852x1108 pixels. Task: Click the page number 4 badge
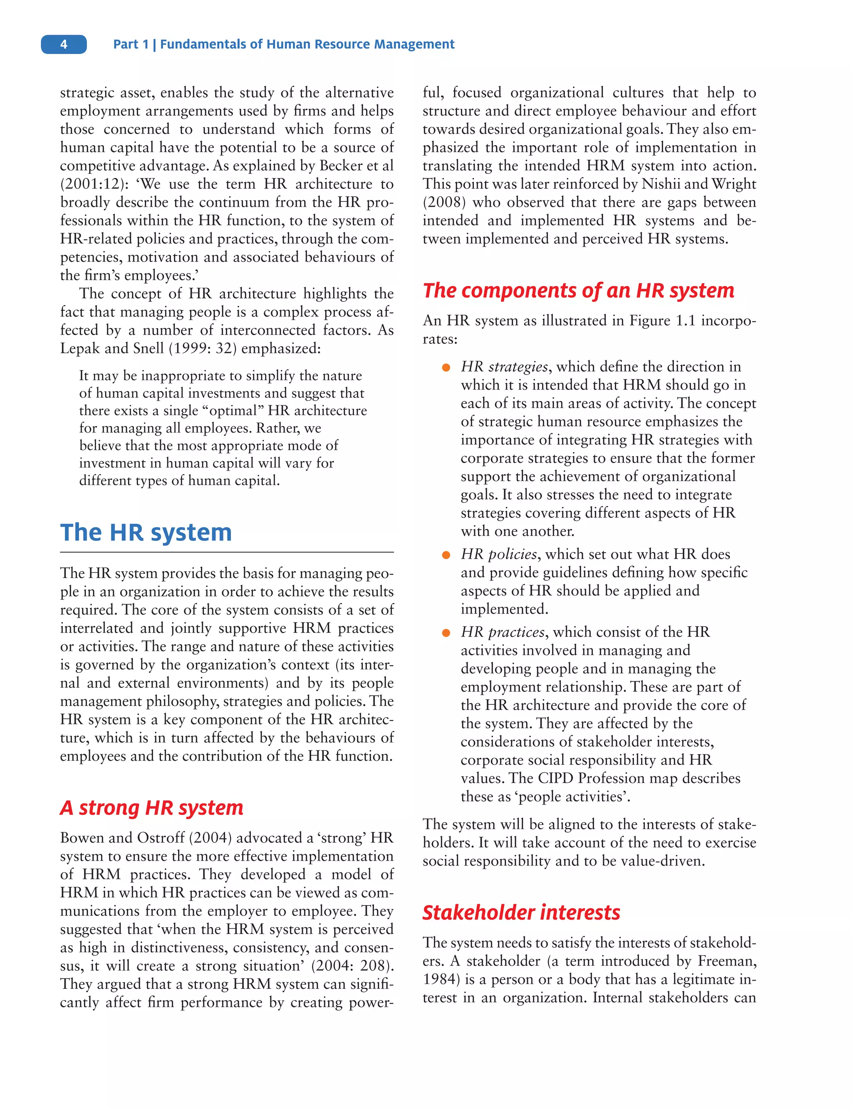(x=64, y=44)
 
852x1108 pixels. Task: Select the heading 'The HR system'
(x=146, y=533)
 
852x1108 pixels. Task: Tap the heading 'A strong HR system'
(x=151, y=807)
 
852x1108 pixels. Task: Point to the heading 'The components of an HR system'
(x=578, y=291)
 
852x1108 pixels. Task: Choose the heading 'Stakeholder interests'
(x=521, y=912)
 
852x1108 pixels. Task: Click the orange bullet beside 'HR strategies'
(x=446, y=368)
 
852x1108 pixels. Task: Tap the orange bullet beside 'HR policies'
(x=446, y=555)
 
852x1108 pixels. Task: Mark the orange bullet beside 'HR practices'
(x=446, y=632)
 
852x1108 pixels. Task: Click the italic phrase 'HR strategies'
(x=504, y=366)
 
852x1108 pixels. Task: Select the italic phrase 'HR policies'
(x=498, y=554)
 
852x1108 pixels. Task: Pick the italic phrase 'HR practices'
(x=503, y=632)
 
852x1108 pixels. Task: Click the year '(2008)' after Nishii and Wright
(x=444, y=202)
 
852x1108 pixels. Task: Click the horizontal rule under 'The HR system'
(x=227, y=552)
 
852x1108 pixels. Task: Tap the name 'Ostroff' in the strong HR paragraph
(x=161, y=838)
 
